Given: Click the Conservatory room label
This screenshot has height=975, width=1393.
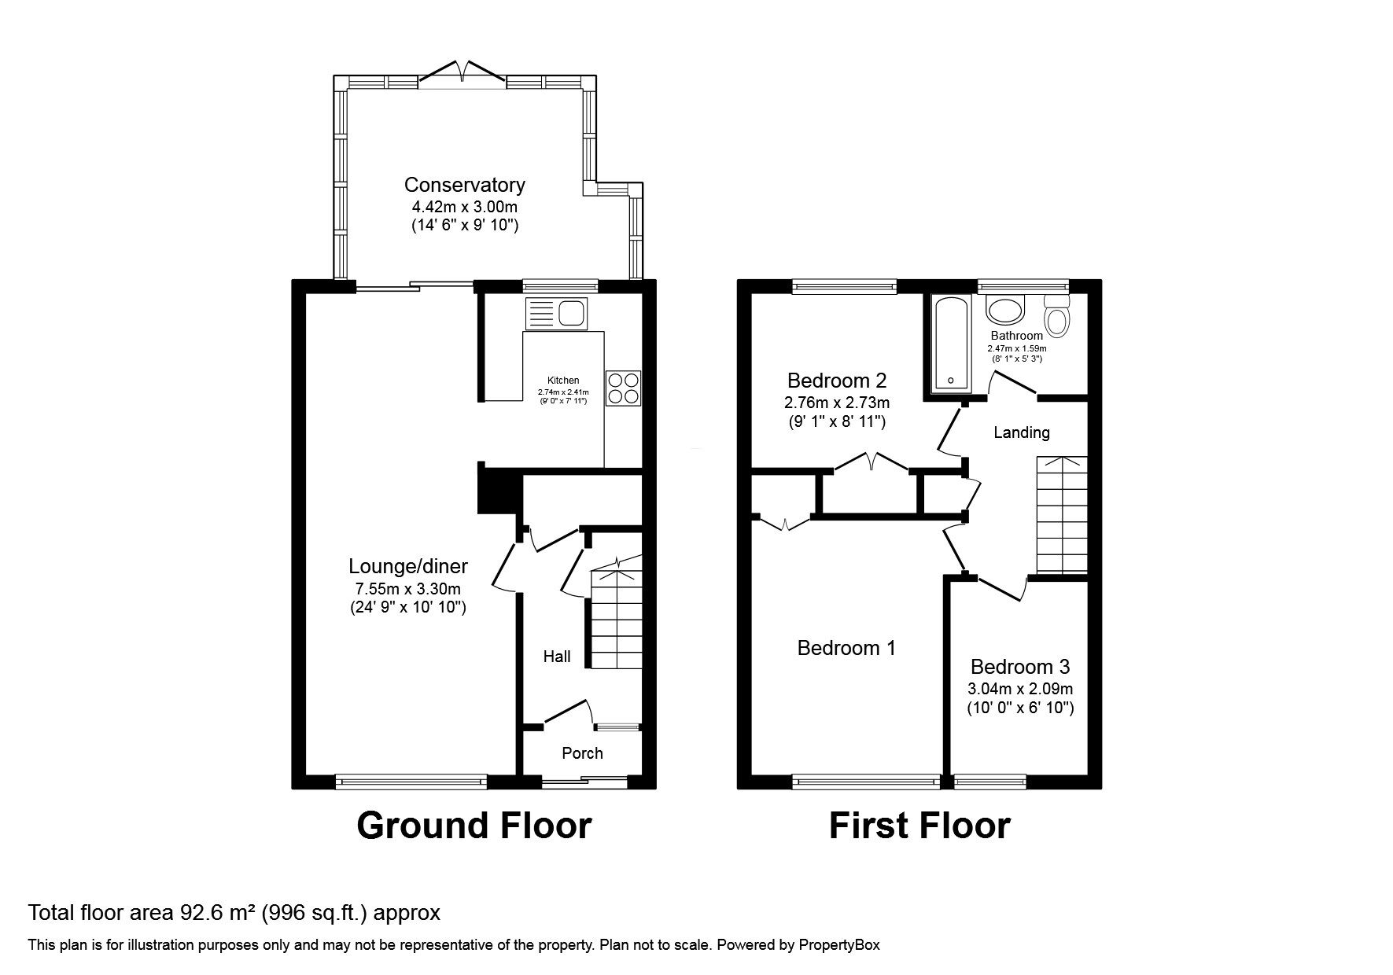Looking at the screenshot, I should point(464,186).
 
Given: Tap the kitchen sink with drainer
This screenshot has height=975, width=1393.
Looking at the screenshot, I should point(555,315).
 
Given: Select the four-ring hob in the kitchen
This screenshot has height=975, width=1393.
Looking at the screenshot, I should point(624,388).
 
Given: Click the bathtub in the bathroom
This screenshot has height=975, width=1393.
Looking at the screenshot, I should point(952,344).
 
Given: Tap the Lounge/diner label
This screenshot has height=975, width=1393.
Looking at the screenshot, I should point(408,566).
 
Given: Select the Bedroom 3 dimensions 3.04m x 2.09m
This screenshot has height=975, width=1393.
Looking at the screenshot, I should point(1020,689).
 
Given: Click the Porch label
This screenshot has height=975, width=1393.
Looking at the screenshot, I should point(582,753).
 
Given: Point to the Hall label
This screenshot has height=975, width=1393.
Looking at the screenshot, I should point(557,656).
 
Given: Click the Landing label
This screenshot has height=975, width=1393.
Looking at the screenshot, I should point(1021,432).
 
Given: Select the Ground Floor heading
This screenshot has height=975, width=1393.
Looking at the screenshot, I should point(474,826).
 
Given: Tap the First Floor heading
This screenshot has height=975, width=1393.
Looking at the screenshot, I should point(919,826).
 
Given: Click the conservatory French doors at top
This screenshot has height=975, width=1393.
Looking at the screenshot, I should point(463,72).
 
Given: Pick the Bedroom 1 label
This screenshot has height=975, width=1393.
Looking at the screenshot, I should point(846,648).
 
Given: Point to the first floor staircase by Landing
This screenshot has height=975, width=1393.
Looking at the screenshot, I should point(1062,515).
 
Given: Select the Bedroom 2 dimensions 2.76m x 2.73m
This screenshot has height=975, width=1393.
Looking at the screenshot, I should point(837,403).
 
